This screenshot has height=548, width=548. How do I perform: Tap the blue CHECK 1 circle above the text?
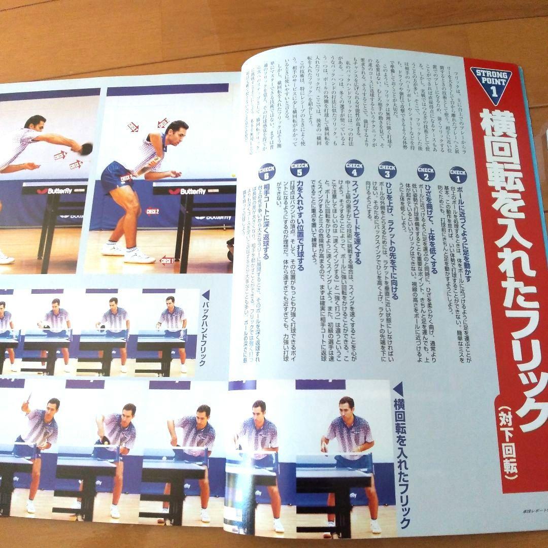pos(458,175)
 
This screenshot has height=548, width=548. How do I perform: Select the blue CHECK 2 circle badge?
pos(426,173)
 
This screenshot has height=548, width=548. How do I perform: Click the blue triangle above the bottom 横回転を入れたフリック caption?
pos(398,389)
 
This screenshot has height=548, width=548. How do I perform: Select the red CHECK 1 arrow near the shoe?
pos(167,261)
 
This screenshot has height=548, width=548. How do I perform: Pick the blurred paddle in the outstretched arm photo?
pos(86,148)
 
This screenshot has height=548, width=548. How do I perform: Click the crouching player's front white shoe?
pos(139,256)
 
